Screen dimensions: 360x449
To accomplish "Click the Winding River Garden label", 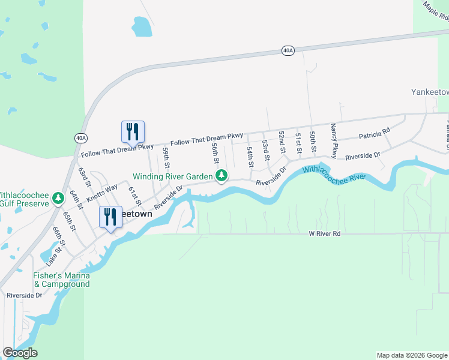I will [x=173, y=176].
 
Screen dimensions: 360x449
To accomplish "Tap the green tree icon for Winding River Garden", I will [x=222, y=176].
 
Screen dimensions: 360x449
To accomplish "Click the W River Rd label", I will [x=325, y=233].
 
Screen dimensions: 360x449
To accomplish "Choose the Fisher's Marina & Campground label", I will [x=61, y=280].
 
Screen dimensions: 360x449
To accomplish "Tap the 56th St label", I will [x=215, y=154].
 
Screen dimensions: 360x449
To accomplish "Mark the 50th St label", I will [x=313, y=141].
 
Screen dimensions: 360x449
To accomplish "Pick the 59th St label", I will [x=166, y=158].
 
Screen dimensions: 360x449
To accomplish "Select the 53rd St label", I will [x=265, y=151].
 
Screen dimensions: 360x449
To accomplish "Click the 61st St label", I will [x=134, y=196].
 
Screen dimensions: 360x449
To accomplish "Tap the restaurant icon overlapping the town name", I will [x=110, y=218].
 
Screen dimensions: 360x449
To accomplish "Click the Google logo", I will [x=20, y=353].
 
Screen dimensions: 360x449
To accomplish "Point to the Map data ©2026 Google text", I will [x=412, y=355].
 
